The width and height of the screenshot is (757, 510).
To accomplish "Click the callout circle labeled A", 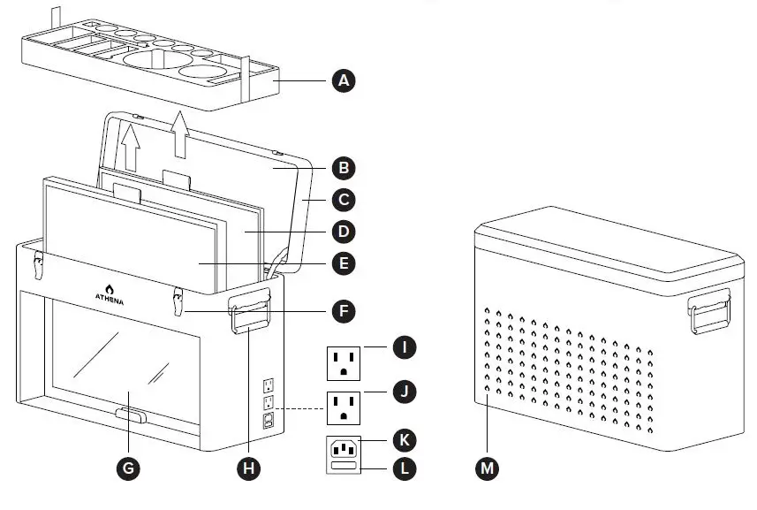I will [343, 81].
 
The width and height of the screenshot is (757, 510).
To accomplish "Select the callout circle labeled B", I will [343, 166].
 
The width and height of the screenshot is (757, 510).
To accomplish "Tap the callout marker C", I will [343, 199].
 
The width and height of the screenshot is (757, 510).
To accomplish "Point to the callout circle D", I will [343, 232].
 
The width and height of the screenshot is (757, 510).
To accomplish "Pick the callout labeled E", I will [343, 263].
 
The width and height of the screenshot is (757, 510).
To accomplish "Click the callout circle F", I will [343, 311].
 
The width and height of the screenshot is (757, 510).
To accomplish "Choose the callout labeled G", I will [129, 468].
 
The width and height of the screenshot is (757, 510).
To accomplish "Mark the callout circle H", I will [250, 468].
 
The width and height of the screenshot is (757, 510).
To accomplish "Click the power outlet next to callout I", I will [344, 361].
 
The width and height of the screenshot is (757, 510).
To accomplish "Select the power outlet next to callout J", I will [344, 407].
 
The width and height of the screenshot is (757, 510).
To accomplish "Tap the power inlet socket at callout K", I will [344, 449].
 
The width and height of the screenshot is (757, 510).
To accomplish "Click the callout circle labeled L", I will [403, 468].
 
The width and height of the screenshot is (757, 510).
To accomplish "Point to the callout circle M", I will [487, 468].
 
